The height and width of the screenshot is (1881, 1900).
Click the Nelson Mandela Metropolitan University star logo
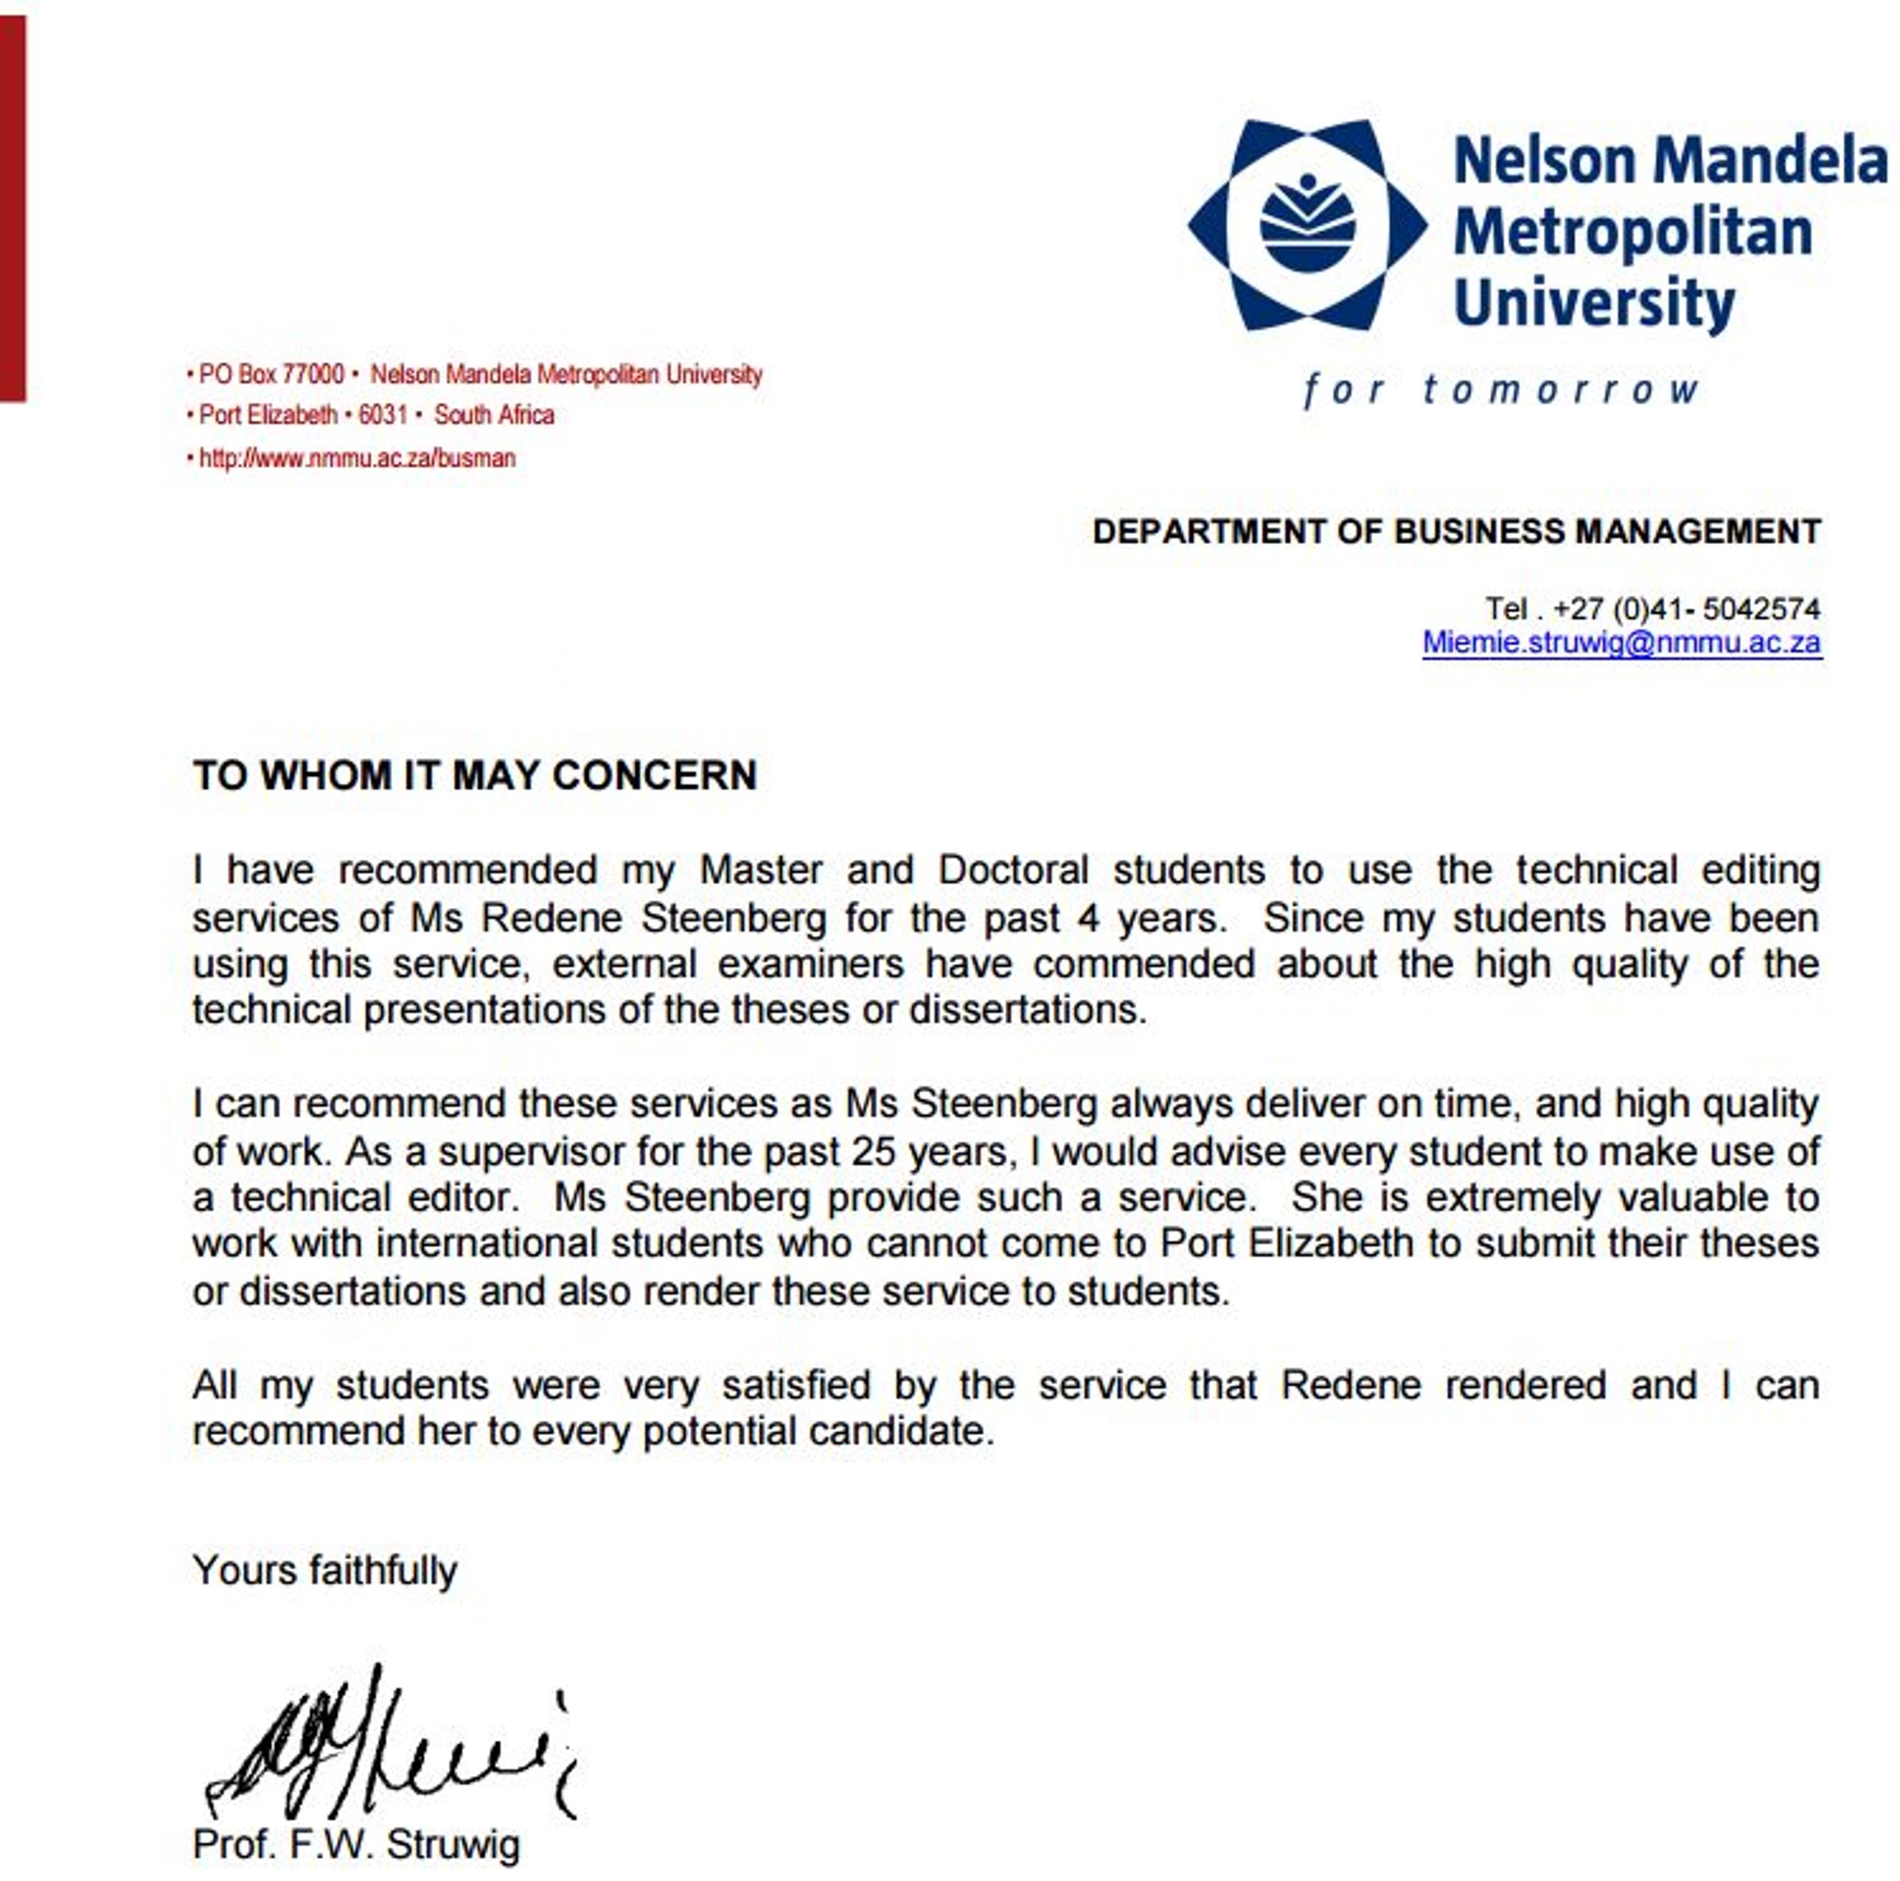coord(1307,225)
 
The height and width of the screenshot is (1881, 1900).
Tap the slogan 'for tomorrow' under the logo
coord(1501,391)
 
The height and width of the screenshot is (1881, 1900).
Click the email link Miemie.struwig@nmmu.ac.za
coord(1621,643)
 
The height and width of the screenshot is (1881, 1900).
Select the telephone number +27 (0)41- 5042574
coord(1686,609)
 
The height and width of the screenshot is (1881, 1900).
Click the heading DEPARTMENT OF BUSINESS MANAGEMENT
coord(1456,532)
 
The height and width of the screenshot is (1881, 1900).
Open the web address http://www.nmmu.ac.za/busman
coord(357,458)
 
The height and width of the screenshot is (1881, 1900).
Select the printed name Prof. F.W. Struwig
coord(356,1845)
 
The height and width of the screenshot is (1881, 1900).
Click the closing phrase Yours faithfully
coord(325,1570)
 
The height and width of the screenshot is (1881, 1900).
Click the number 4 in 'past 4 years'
coord(1088,919)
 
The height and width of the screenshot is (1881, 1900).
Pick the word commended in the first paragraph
coord(1144,964)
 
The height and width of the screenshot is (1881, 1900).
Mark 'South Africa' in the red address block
coord(494,415)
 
